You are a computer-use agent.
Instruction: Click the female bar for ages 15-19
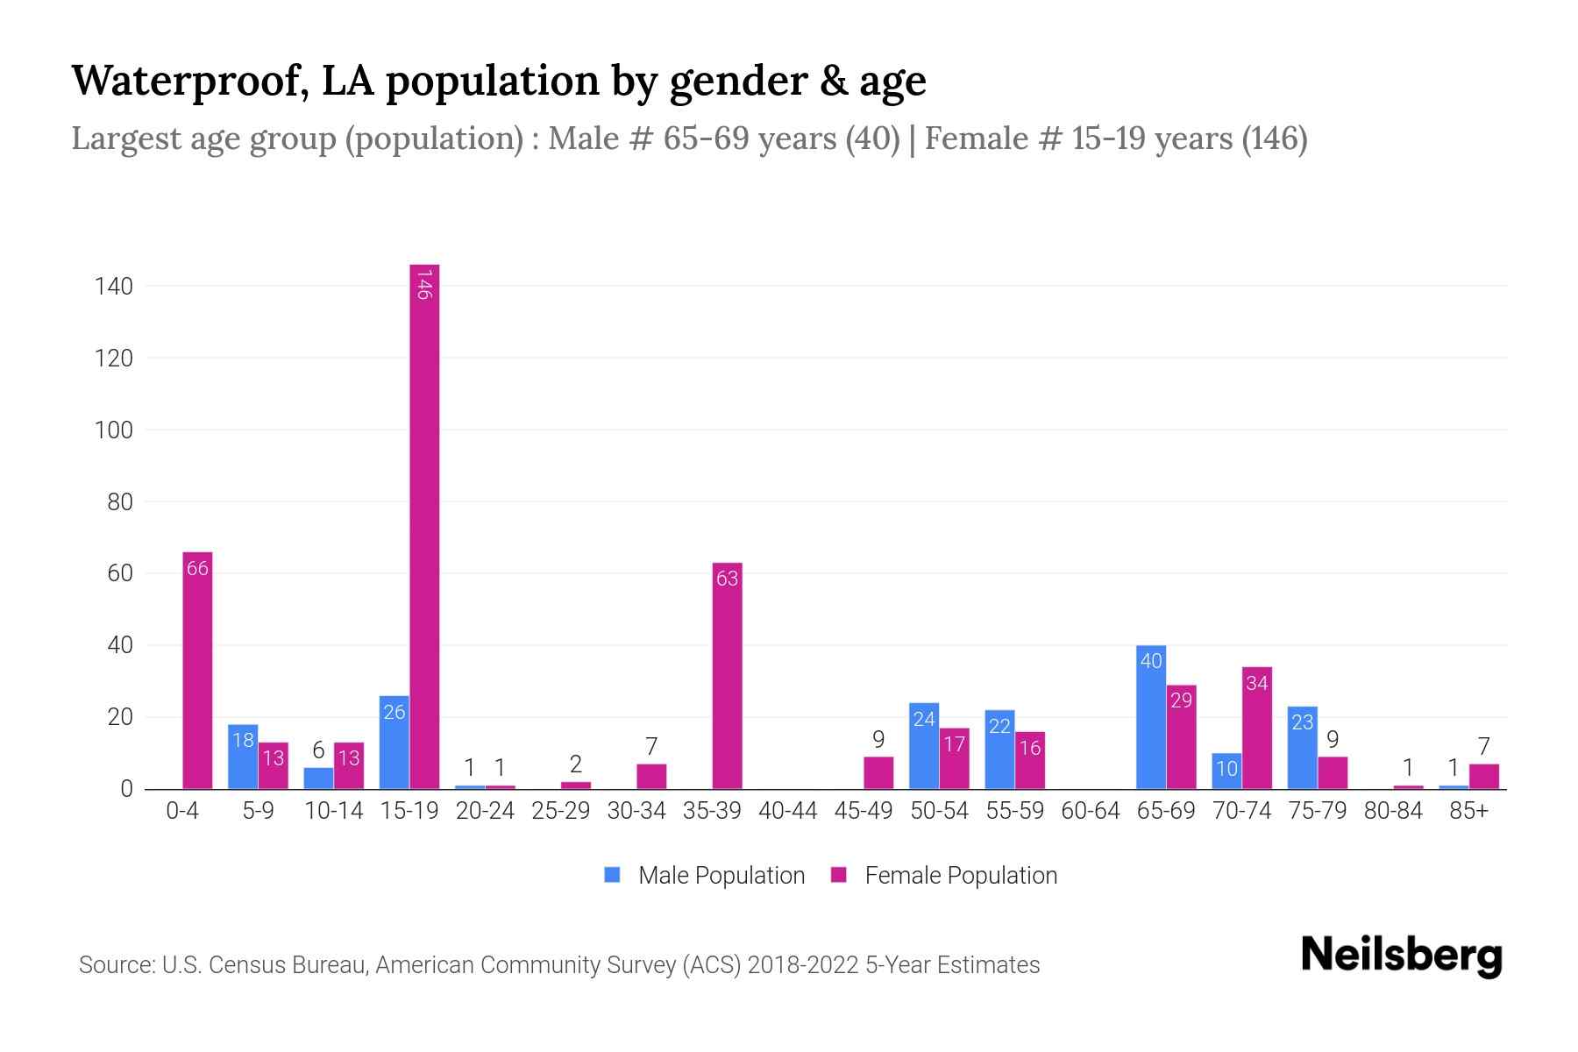coord(424,526)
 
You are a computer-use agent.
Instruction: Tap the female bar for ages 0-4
coord(197,671)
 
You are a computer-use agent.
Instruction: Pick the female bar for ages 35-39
coord(727,676)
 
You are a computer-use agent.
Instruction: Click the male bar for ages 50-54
coord(924,746)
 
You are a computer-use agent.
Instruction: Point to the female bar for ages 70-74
coord(1257,728)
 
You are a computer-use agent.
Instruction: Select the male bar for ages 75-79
coord(1302,748)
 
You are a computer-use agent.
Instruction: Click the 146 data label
coord(424,285)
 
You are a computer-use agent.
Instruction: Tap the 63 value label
coord(727,579)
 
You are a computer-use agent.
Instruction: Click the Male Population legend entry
coord(705,875)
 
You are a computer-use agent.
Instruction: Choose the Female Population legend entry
coord(944,875)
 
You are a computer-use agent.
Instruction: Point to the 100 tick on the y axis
coord(114,430)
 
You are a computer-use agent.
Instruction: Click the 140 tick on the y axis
coord(114,287)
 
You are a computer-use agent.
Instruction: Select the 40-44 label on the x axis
coord(787,811)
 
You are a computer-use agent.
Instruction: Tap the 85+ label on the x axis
coord(1468,811)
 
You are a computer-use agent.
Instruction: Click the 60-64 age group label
coord(1090,811)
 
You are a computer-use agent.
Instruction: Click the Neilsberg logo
coord(1401,955)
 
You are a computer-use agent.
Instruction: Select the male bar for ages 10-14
coord(318,778)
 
